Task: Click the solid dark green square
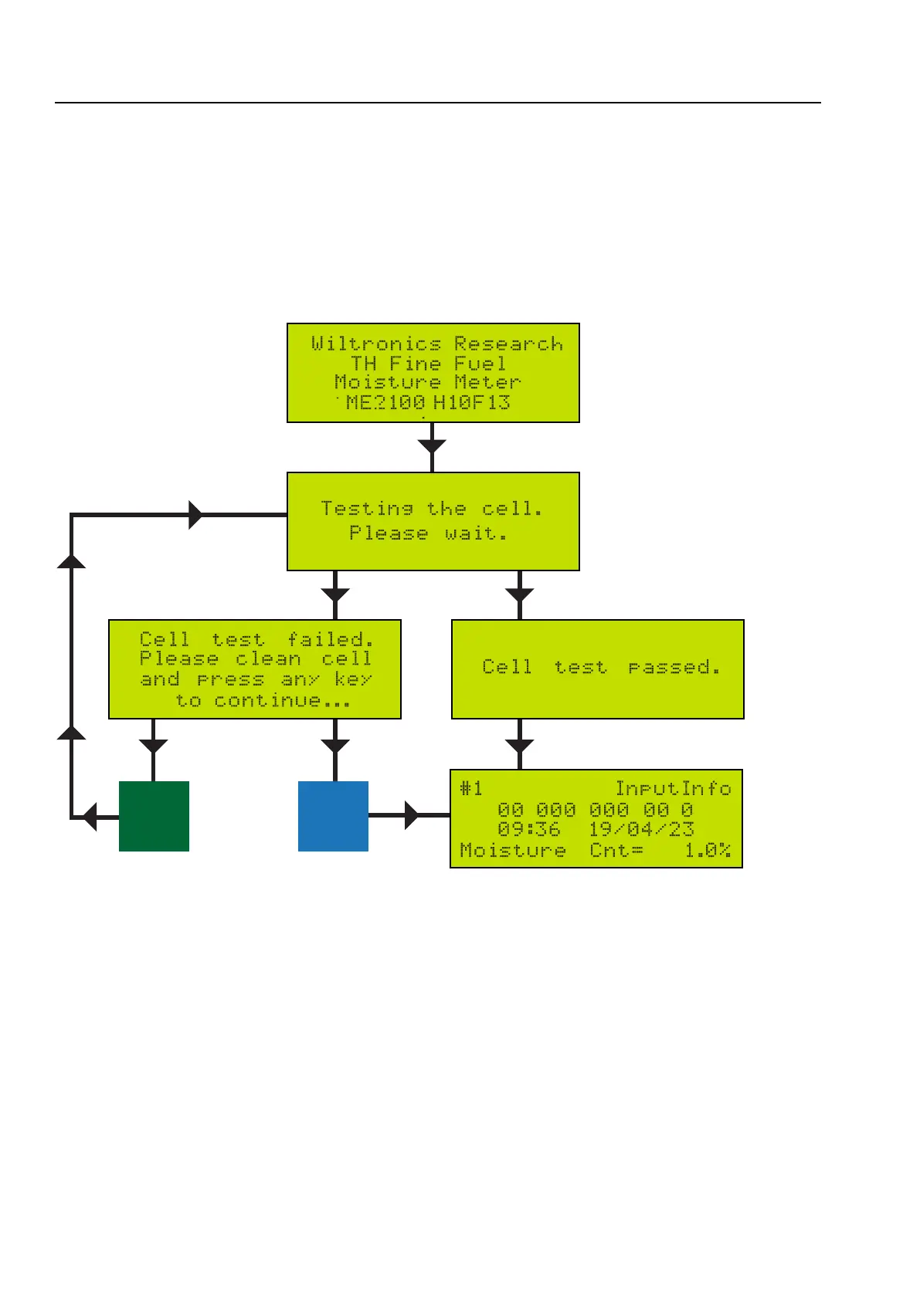pyautogui.click(x=154, y=816)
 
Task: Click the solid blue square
pyautogui.click(x=333, y=816)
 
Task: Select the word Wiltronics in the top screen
pyautogui.click(x=376, y=344)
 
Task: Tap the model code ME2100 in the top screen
pyautogui.click(x=385, y=402)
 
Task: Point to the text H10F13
pyautogui.click(x=471, y=402)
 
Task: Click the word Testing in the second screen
pyautogui.click(x=367, y=509)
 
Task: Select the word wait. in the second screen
pyautogui.click(x=476, y=533)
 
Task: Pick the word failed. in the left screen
pyautogui.click(x=331, y=640)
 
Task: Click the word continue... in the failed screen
pyautogui.click(x=282, y=701)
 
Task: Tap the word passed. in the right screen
pyautogui.click(x=674, y=667)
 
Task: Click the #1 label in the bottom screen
pyautogui.click(x=471, y=788)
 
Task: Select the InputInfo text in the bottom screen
pyautogui.click(x=673, y=788)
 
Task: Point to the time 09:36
pyautogui.click(x=529, y=830)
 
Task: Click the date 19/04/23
pyautogui.click(x=641, y=830)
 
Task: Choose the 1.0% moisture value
pyautogui.click(x=708, y=851)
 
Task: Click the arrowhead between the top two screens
pyautogui.click(x=432, y=446)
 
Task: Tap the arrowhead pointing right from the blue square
pyautogui.click(x=411, y=815)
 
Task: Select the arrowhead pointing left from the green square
pyautogui.click(x=90, y=816)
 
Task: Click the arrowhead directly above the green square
pyautogui.click(x=154, y=746)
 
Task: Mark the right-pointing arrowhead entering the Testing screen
pyautogui.click(x=196, y=515)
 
